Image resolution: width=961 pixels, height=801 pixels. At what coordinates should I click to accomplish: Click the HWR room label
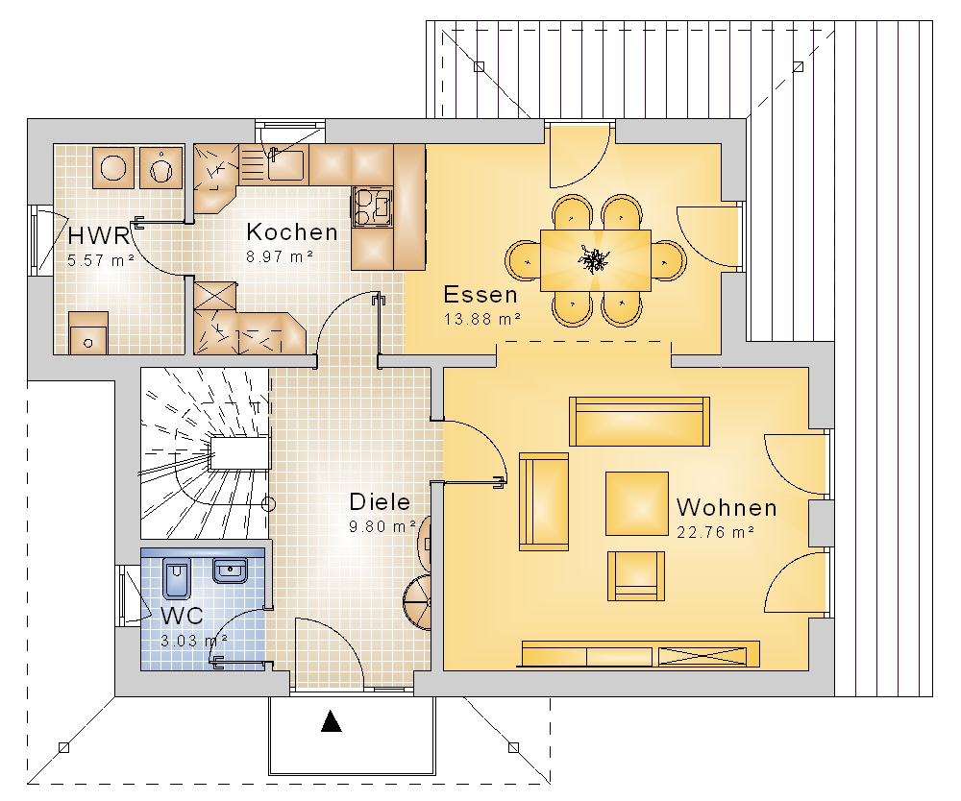[x=99, y=235]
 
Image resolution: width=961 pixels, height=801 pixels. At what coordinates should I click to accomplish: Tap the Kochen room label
[x=292, y=232]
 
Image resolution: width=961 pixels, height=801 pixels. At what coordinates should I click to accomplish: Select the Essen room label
[x=480, y=295]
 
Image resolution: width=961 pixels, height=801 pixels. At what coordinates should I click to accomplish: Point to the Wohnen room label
[x=727, y=508]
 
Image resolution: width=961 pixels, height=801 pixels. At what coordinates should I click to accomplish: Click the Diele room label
[x=380, y=502]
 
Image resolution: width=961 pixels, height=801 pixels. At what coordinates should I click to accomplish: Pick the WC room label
[x=182, y=616]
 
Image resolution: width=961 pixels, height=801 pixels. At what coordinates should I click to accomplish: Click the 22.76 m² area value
[x=715, y=532]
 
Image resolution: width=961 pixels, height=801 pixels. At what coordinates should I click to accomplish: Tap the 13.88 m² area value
[x=482, y=319]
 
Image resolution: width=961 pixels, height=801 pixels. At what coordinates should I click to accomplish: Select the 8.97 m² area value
[x=280, y=256]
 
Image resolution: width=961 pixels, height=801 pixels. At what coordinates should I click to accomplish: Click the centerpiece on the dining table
[x=593, y=259]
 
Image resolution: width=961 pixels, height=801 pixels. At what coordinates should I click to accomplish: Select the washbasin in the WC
[x=231, y=570]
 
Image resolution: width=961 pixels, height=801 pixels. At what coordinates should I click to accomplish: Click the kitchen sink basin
[x=285, y=164]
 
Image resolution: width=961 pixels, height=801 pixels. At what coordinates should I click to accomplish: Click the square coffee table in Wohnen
[x=637, y=503]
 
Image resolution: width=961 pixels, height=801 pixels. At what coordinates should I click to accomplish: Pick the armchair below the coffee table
[x=636, y=575]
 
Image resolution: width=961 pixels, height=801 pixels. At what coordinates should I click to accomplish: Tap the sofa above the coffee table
[x=639, y=422]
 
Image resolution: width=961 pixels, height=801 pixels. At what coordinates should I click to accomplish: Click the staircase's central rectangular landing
[x=239, y=452]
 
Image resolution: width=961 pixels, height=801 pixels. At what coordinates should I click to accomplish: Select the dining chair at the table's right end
[x=669, y=261]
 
